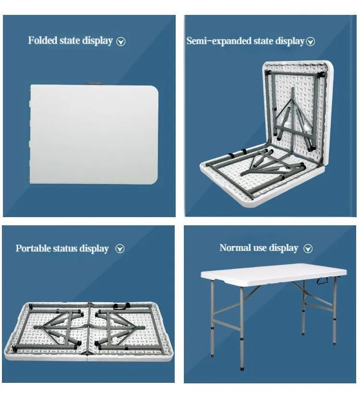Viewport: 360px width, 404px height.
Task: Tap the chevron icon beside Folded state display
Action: [x=121, y=42]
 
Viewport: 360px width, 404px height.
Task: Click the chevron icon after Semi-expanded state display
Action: [x=311, y=42]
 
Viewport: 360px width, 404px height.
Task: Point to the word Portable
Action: [x=33, y=249]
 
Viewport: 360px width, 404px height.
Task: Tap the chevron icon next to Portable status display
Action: [x=120, y=249]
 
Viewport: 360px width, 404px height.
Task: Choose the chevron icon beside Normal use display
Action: [x=309, y=248]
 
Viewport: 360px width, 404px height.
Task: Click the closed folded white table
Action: [x=94, y=135]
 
